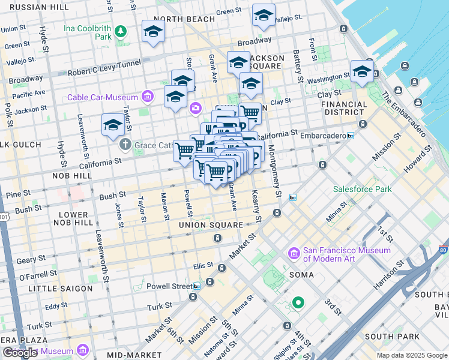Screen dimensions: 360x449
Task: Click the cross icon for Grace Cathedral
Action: [125, 144]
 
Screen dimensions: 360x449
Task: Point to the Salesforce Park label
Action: [363, 190]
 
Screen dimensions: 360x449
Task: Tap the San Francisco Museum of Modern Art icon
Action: [294, 254]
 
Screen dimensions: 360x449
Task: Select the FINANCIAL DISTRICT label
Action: [344, 108]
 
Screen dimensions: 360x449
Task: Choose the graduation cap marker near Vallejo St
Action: [264, 17]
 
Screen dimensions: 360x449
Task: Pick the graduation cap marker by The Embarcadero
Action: [362, 71]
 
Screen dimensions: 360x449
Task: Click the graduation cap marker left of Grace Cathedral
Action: [113, 125]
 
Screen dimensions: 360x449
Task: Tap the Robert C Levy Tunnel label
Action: [104, 67]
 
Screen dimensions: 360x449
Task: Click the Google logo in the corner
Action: [20, 353]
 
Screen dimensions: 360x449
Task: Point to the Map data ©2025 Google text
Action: [412, 355]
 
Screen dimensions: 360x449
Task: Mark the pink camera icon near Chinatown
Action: [196, 108]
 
